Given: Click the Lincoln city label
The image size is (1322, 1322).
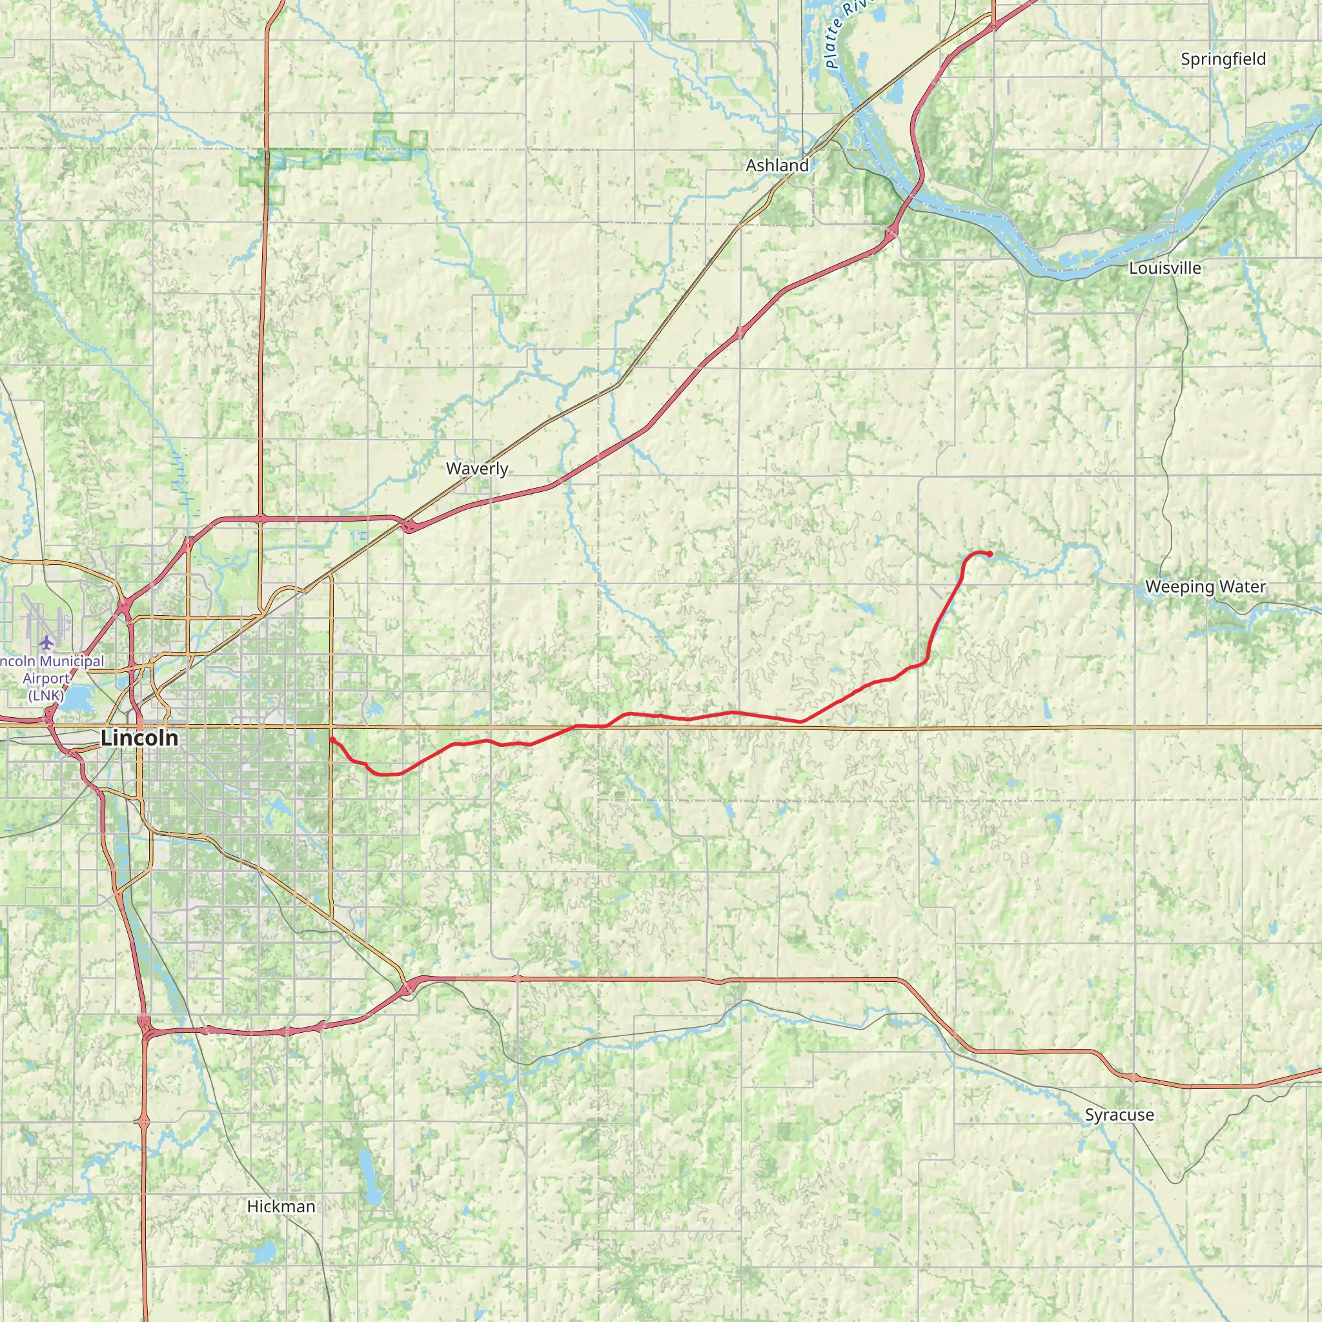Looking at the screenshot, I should pyautogui.click(x=139, y=738).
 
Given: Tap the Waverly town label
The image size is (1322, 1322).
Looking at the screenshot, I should pyautogui.click(x=477, y=469).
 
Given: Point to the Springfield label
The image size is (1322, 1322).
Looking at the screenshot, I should pyautogui.click(x=1223, y=59).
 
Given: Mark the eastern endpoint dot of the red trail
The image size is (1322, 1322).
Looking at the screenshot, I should pyautogui.click(x=990, y=554).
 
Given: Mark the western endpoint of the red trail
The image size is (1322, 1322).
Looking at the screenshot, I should pyautogui.click(x=331, y=740).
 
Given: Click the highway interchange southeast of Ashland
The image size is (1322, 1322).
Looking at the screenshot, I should pyautogui.click(x=891, y=233).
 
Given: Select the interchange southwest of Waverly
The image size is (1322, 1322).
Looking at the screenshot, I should pyautogui.click(x=409, y=526).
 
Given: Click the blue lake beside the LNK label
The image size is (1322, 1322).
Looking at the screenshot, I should pyautogui.click(x=77, y=698).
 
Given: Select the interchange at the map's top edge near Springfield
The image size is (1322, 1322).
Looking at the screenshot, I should pyautogui.click(x=993, y=26).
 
